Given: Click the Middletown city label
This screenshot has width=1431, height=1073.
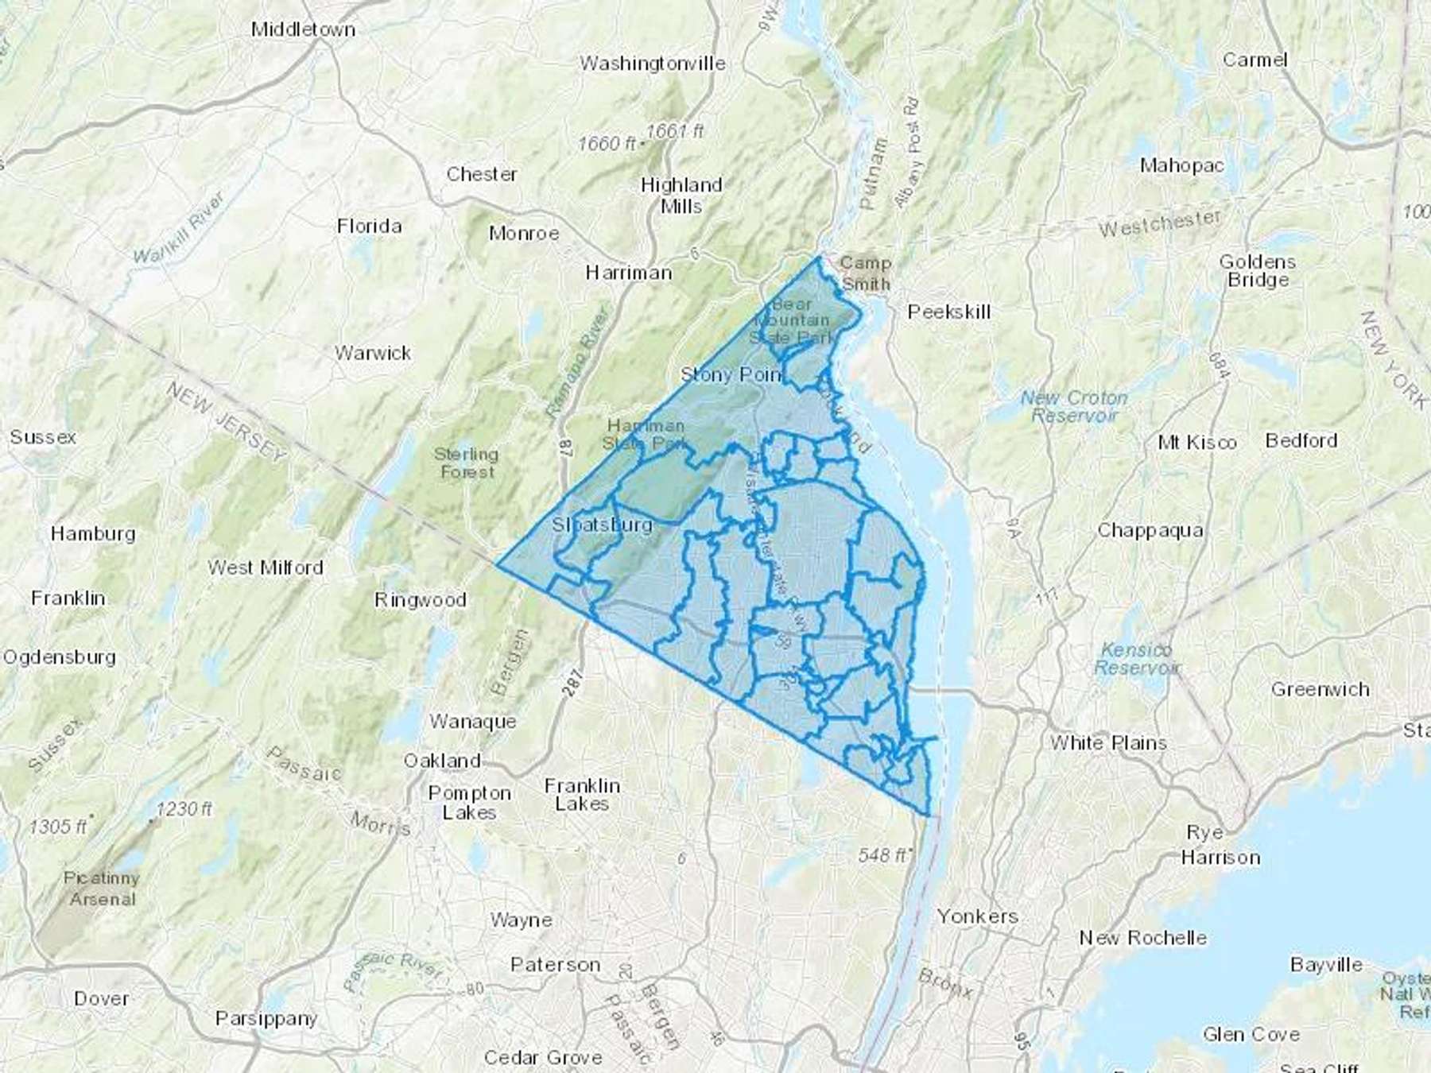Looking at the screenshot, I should pos(303,29).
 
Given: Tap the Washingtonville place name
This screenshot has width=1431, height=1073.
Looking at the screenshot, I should pos(652,64).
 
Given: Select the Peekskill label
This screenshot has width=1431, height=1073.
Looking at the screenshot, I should pos(949,312).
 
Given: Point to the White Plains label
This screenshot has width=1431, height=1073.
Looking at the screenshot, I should pos(1108,742).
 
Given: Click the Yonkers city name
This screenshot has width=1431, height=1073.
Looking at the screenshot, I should pos(977,916).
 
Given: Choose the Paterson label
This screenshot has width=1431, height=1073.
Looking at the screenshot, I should pos(555,964).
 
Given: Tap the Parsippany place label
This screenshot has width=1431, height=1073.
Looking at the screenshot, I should pos(266,1018).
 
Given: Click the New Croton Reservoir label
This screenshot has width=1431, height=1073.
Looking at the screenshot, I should pos(1074,406).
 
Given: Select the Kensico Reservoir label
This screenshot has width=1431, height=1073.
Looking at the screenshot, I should pos(1136,659).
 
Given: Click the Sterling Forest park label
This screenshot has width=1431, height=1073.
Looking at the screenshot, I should pos(467,463).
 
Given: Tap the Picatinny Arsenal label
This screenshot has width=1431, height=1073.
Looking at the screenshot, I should pos(102,889).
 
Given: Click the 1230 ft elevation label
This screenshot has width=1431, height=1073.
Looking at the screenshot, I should pos(184,809).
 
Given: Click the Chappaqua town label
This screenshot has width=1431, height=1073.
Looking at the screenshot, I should pos(1150,530).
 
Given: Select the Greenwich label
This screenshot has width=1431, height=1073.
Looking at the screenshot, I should pos(1320,689).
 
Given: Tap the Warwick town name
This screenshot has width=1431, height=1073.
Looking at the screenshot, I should pos(373,353).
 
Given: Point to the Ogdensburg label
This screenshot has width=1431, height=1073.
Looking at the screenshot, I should pos(60,657).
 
